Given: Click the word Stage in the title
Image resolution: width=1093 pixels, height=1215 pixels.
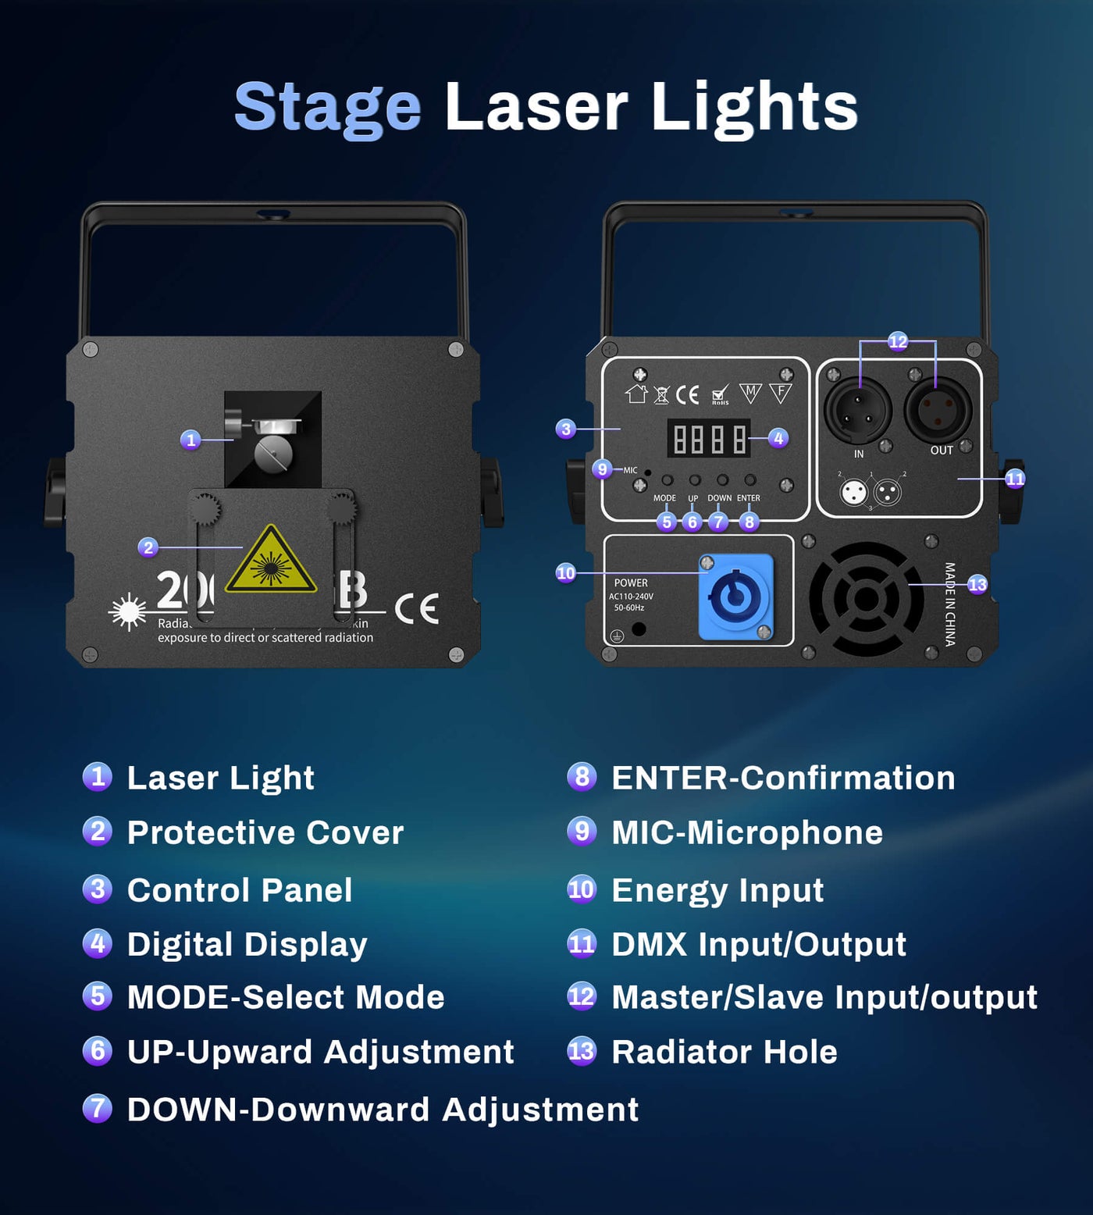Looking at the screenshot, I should pyautogui.click(x=328, y=107).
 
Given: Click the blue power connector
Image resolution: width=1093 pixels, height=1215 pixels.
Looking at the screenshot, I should pyautogui.click(x=735, y=597).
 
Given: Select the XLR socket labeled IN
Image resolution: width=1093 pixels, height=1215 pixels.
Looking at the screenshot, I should pyautogui.click(x=858, y=411).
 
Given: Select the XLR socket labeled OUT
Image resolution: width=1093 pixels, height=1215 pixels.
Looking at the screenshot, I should pyautogui.click(x=938, y=410).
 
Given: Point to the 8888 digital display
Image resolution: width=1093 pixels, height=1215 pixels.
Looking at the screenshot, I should pyautogui.click(x=707, y=438).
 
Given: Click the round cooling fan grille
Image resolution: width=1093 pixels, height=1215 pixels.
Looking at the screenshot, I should pyautogui.click(x=866, y=599).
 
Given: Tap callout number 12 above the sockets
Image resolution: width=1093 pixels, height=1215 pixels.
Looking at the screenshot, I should pyautogui.click(x=898, y=341).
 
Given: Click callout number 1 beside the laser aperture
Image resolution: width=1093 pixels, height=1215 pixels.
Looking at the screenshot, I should pyautogui.click(x=190, y=440).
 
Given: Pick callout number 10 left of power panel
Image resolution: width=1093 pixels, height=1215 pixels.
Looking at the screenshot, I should pyautogui.click(x=565, y=573).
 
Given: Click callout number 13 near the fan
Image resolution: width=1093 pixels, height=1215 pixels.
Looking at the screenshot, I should pyautogui.click(x=977, y=584).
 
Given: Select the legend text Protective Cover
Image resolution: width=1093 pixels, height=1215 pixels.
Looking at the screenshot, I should pyautogui.click(x=265, y=832).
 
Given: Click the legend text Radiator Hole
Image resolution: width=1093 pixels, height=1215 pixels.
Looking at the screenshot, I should pyautogui.click(x=724, y=1052).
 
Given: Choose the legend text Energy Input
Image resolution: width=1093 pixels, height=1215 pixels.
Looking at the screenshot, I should pyautogui.click(x=717, y=890).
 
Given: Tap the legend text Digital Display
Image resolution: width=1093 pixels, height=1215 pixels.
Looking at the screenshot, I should pyautogui.click(x=247, y=944).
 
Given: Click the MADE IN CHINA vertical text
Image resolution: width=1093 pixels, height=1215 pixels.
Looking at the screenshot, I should pyautogui.click(x=950, y=604).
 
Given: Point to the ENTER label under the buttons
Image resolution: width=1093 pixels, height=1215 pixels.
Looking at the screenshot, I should pyautogui.click(x=748, y=498).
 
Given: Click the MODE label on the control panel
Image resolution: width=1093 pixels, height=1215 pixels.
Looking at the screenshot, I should pyautogui.click(x=664, y=498).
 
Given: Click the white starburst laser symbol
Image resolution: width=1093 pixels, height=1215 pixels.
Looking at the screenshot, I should pyautogui.click(x=129, y=611).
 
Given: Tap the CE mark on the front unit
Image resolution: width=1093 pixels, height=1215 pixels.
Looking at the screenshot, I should pyautogui.click(x=417, y=609).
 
